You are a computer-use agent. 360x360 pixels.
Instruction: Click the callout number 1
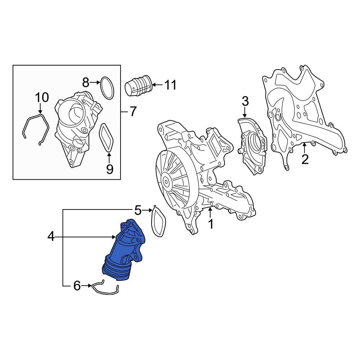(211, 224)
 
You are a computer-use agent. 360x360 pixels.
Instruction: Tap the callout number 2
(305, 159)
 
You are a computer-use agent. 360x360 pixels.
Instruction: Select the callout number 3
(245, 102)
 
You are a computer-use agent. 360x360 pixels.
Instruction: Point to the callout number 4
(51, 237)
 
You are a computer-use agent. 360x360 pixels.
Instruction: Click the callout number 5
(138, 210)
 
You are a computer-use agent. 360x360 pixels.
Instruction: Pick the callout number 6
(77, 286)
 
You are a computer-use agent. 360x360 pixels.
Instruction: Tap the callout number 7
(133, 112)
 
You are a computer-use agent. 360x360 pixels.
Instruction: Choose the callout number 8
(85, 83)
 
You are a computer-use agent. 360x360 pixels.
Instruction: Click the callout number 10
(41, 97)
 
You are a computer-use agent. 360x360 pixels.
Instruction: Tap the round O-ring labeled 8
(107, 87)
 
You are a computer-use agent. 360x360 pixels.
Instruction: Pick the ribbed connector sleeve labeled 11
(139, 86)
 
